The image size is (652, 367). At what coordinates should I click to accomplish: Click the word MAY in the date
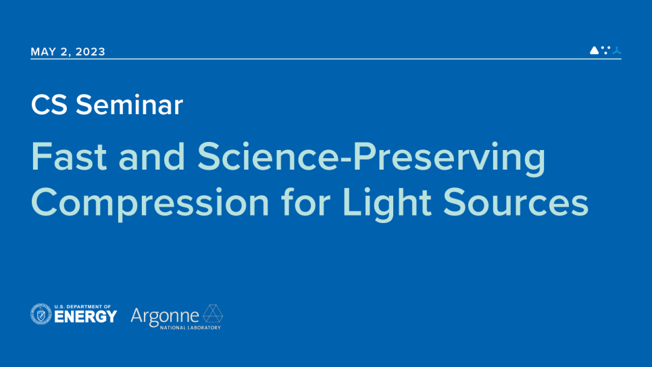[43, 52]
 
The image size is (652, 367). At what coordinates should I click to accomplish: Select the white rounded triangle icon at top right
[594, 50]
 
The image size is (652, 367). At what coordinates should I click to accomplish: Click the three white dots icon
[605, 49]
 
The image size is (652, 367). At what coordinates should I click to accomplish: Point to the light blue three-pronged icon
[616, 50]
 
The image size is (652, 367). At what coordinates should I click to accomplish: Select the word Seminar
[129, 105]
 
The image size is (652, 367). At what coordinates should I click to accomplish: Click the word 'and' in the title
[151, 157]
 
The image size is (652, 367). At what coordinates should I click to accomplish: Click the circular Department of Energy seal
[41, 314]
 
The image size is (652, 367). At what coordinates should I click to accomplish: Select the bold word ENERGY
[86, 317]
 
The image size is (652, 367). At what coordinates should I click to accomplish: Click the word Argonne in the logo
[165, 315]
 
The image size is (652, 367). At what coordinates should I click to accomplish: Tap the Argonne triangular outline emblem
[213, 314]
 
